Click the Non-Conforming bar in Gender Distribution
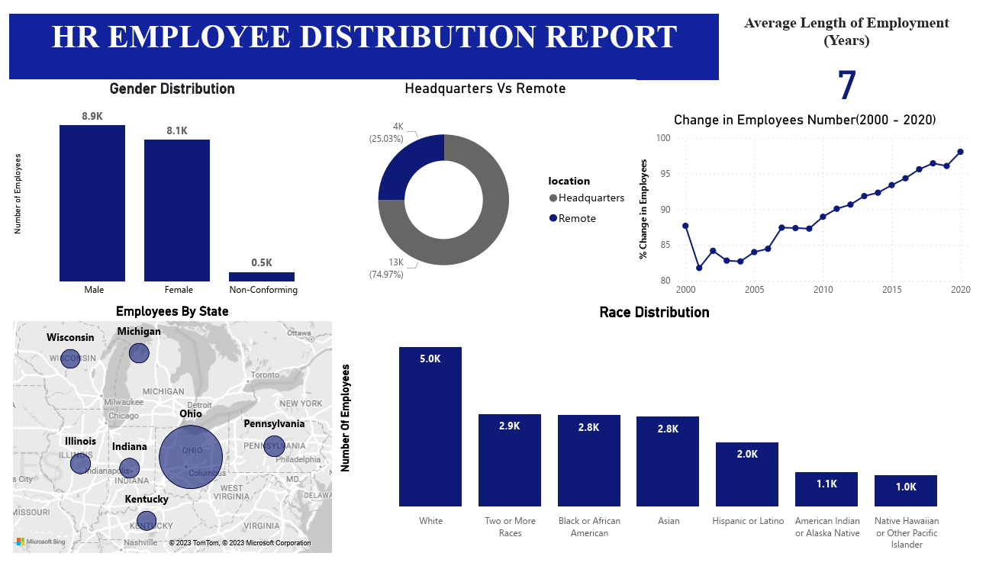point(262,277)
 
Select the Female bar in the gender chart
point(177,211)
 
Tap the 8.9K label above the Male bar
point(92,116)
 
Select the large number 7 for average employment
point(847,86)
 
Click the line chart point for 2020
point(960,152)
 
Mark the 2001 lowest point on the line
point(699,268)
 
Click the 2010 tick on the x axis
point(823,291)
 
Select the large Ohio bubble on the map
point(191,457)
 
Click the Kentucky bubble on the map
point(147,521)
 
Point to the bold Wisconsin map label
point(70,338)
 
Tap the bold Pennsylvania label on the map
point(274,424)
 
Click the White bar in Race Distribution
point(430,427)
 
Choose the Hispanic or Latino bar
point(747,474)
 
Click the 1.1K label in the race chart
point(826,484)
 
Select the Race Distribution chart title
point(654,313)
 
